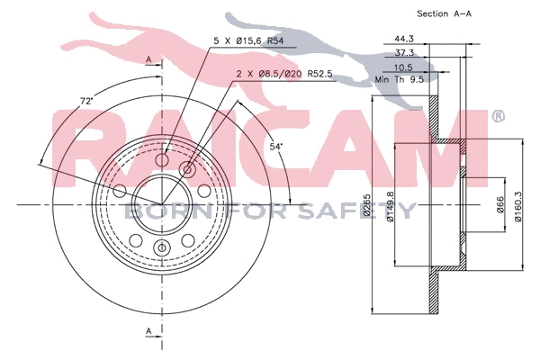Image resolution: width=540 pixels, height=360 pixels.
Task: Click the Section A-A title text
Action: pyautogui.click(x=444, y=13)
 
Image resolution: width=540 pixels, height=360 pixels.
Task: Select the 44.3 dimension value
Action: pyautogui.click(x=403, y=39)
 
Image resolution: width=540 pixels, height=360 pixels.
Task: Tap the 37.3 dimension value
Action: pyautogui.click(x=404, y=53)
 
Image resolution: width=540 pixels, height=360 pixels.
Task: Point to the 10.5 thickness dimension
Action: pyautogui.click(x=403, y=67)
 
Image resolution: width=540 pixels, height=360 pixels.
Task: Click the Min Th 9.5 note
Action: pyautogui.click(x=400, y=79)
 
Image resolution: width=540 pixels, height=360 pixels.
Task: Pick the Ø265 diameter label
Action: pyautogui.click(x=366, y=205)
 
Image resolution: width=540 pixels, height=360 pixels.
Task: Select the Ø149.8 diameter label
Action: pyautogui.click(x=390, y=206)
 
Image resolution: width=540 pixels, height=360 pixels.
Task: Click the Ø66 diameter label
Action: pyautogui.click(x=499, y=204)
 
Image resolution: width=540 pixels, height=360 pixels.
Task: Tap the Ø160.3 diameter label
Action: pyautogui.click(x=517, y=206)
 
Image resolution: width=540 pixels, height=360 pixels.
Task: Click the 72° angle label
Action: pyautogui.click(x=86, y=102)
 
